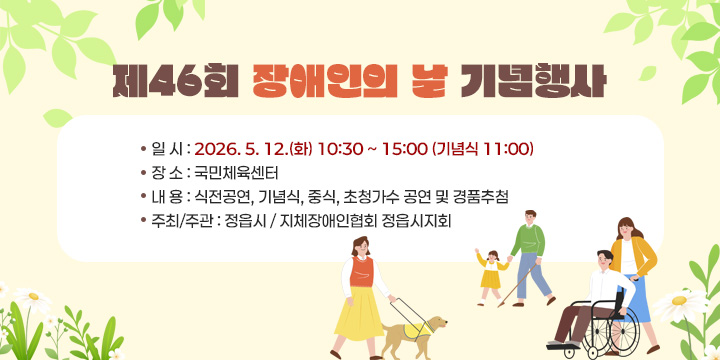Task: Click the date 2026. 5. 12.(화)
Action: tap(253, 149)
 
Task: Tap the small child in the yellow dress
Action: tap(490, 270)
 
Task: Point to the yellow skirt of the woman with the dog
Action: tap(357, 313)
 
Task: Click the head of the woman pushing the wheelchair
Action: tap(625, 228)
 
